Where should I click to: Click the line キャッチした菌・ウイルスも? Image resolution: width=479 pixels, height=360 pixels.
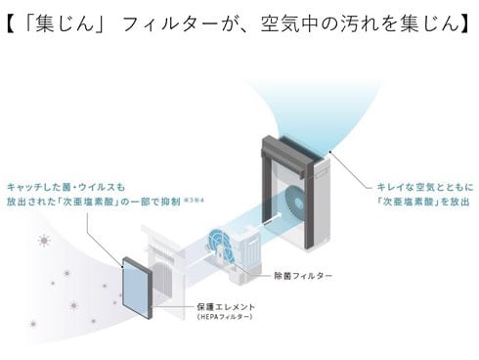point(65,186)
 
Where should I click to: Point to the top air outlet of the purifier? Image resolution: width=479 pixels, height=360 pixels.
point(297,147)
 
